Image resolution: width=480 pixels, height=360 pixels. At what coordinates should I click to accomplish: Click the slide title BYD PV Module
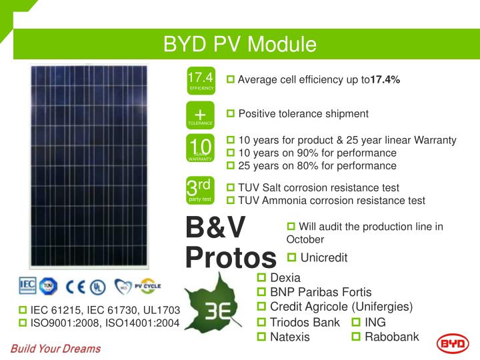pyautogui.click(x=240, y=45)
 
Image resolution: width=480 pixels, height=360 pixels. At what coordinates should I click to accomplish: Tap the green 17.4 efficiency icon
pyautogui.click(x=200, y=81)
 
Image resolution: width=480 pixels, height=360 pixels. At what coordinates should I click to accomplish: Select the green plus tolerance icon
pyautogui.click(x=200, y=115)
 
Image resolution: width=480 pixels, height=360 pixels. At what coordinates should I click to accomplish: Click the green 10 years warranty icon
pyautogui.click(x=200, y=149)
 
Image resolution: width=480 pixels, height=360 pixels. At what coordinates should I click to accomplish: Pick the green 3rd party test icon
pyautogui.click(x=200, y=189)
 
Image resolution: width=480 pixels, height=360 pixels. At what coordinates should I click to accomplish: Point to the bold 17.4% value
pyautogui.click(x=385, y=80)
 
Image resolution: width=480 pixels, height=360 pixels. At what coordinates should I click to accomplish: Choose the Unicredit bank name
pyautogui.click(x=324, y=257)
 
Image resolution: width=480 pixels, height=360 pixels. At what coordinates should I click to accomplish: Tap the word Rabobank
pyautogui.click(x=392, y=337)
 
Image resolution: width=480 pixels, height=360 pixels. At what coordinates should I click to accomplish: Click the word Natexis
pyautogui.click(x=290, y=337)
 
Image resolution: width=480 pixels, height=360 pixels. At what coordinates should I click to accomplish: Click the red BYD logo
pyautogui.click(x=453, y=343)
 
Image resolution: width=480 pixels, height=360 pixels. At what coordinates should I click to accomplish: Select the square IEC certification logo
pyautogui.click(x=27, y=287)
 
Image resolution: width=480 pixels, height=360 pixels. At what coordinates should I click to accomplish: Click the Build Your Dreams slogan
pyautogui.click(x=55, y=348)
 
